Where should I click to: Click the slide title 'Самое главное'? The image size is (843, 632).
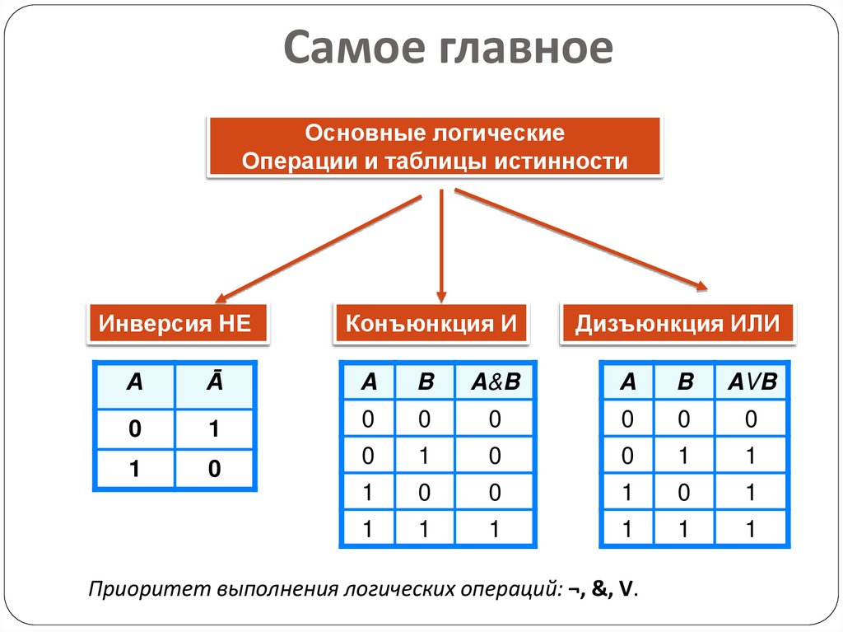point(449,49)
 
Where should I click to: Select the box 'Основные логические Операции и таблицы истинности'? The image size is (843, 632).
point(435,147)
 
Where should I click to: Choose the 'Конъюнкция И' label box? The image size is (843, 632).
point(431,322)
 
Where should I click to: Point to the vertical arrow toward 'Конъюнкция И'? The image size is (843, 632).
point(441,243)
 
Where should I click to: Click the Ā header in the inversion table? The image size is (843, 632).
point(213,383)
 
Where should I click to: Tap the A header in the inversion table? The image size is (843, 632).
point(134,383)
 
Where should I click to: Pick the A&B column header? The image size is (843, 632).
point(495,382)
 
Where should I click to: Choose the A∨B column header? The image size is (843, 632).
point(752,382)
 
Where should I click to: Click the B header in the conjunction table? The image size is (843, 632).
point(425,382)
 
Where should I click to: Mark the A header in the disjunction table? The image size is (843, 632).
point(628,382)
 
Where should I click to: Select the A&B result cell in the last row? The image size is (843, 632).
point(495,528)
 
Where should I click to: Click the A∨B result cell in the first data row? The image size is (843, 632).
point(752,419)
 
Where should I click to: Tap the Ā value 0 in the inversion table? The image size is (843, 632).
point(213,469)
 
